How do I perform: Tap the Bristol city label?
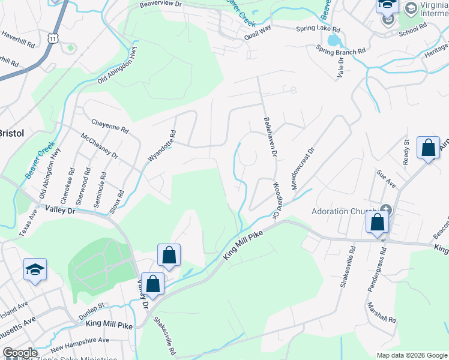pos(10,133)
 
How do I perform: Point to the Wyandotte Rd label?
pos(161,146)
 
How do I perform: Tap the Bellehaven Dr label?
pos(270,137)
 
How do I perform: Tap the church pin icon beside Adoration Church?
pos(385,210)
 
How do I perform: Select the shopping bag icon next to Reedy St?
pos(428,148)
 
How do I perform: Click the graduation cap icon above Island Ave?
pos(35,269)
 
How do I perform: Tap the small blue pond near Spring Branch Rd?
pos(333,41)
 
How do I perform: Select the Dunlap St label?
pos(92,311)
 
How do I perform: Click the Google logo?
pos(20,353)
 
